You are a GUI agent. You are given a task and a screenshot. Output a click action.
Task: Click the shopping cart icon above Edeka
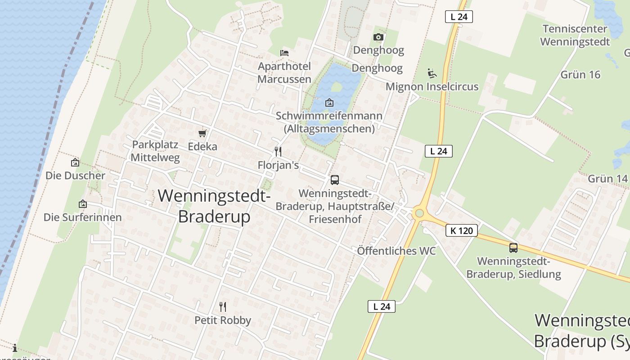click(x=202, y=133)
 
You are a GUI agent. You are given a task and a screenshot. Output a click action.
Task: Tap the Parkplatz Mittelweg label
click(x=155, y=151)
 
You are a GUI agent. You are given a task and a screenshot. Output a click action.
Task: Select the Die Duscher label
click(x=75, y=175)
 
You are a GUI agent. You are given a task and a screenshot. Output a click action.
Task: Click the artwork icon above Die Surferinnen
click(x=83, y=204)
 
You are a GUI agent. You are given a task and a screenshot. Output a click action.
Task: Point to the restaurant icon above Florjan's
click(x=278, y=152)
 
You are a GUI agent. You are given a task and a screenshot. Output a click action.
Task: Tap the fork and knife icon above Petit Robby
click(x=223, y=307)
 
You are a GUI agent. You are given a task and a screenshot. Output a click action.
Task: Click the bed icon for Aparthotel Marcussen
click(x=284, y=53)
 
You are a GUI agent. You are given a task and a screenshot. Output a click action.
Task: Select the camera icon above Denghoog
click(x=378, y=37)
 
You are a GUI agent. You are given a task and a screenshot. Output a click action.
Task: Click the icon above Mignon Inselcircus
click(x=432, y=73)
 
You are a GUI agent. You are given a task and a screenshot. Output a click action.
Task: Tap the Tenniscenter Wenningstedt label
click(x=575, y=36)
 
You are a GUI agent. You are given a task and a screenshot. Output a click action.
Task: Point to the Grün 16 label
click(x=580, y=75)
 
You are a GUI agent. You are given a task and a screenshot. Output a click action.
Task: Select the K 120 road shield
click(x=461, y=231)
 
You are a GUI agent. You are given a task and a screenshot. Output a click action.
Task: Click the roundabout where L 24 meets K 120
click(x=419, y=213)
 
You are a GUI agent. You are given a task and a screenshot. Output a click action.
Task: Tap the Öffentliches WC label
click(x=396, y=251)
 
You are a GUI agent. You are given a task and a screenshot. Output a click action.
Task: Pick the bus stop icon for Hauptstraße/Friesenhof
click(x=335, y=180)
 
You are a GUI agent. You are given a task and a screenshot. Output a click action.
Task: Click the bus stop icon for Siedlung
click(x=513, y=247)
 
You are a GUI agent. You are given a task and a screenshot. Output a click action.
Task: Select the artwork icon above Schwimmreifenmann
click(x=329, y=103)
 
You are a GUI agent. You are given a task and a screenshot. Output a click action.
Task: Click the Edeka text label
click(x=202, y=147)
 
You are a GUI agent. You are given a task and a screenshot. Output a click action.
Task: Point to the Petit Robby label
click(x=223, y=320)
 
